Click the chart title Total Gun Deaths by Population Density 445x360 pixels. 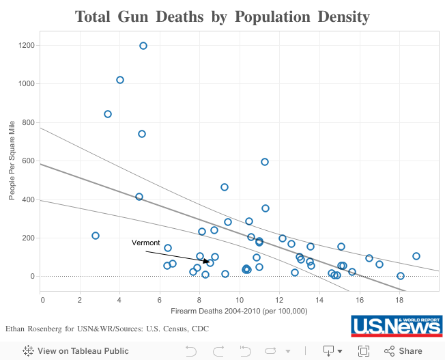(x=222, y=16)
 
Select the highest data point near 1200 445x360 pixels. (x=143, y=46)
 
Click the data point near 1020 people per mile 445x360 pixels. (x=120, y=80)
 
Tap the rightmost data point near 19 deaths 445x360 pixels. (x=416, y=256)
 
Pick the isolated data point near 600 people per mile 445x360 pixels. (x=265, y=162)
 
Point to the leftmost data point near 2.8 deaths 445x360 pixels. (x=96, y=236)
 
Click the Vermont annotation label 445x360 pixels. (x=145, y=243)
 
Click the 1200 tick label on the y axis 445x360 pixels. (x=29, y=46)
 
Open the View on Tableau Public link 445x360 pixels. (x=66, y=351)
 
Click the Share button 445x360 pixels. (x=403, y=351)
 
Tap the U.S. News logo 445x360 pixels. (x=396, y=326)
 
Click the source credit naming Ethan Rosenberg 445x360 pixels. (x=106, y=329)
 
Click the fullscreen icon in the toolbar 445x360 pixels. (x=364, y=351)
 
